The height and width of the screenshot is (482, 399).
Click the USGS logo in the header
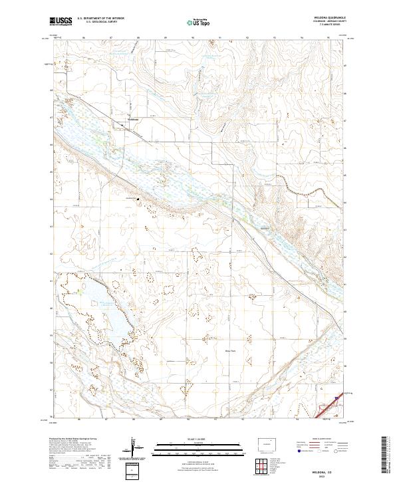(61, 23)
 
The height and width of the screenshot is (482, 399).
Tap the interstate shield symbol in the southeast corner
(336, 398)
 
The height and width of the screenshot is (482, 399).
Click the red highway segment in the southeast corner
(326, 409)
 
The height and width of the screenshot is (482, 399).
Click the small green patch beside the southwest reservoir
(80, 291)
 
